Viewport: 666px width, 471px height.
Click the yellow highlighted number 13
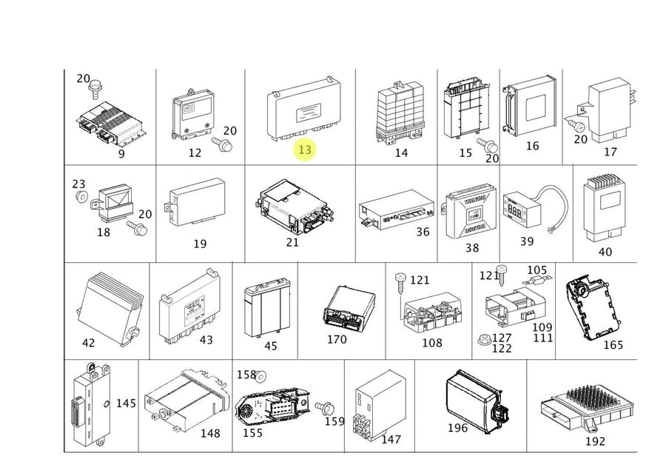[x=304, y=150]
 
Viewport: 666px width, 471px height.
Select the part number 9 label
[x=121, y=153]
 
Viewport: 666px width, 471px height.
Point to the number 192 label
[x=594, y=441]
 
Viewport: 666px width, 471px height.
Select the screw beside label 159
[x=323, y=407]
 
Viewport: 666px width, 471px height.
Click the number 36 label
[x=423, y=232]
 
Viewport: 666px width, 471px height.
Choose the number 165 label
[x=613, y=344]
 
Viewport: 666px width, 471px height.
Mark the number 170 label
[x=337, y=340]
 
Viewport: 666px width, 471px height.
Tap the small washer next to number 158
[x=260, y=376]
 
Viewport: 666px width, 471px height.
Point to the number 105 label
[x=536, y=270]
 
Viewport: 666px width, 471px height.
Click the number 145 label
[x=126, y=403]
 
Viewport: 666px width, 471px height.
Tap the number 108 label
[x=431, y=342]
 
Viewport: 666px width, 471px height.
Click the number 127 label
[x=502, y=338]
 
